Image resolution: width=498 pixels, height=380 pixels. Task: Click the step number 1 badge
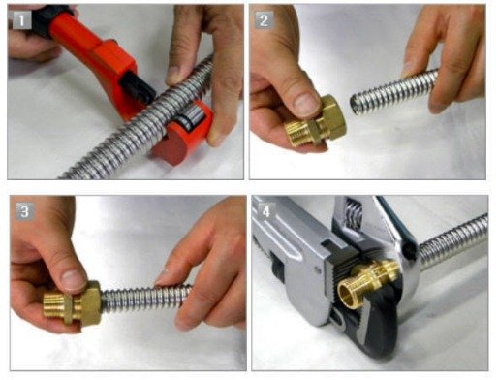(x=22, y=20)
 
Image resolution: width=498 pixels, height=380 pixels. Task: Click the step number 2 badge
(x=264, y=21)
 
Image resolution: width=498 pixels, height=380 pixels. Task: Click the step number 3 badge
(x=25, y=211)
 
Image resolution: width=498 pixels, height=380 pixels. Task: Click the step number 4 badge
(x=266, y=212)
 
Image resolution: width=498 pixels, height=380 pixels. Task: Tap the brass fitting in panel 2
(x=315, y=124)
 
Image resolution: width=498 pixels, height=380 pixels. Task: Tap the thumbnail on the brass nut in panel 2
(x=306, y=104)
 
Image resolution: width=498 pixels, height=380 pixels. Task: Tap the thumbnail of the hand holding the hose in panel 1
(x=174, y=75)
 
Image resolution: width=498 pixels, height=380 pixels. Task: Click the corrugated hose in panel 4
(x=453, y=239)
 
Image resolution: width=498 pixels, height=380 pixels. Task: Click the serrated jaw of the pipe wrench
(x=332, y=281)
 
